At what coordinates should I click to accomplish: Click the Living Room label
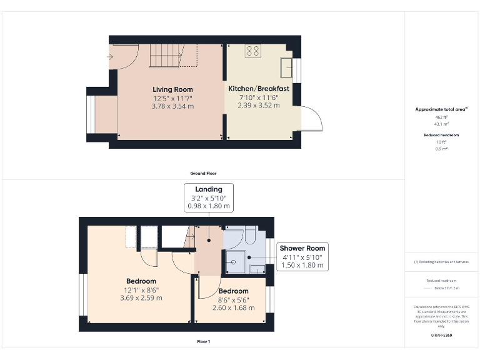pyautogui.click(x=173, y=89)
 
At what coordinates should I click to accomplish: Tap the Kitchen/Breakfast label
pyautogui.click(x=258, y=88)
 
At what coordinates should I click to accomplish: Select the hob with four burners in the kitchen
pyautogui.click(x=253, y=52)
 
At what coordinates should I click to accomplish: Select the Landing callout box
pyautogui.click(x=208, y=197)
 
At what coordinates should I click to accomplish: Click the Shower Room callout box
pyautogui.click(x=302, y=256)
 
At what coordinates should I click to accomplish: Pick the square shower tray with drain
pyautogui.click(x=237, y=258)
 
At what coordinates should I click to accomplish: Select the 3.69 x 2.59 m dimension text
pyautogui.click(x=141, y=298)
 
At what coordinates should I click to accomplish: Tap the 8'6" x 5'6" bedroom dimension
pyautogui.click(x=233, y=299)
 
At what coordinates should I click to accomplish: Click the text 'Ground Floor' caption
pyautogui.click(x=203, y=173)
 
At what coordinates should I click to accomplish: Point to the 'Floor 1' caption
pyautogui.click(x=203, y=342)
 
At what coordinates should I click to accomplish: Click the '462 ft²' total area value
pyautogui.click(x=442, y=117)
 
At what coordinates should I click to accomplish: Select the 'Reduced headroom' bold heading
pyautogui.click(x=442, y=135)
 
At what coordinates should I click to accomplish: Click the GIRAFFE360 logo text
pyautogui.click(x=442, y=336)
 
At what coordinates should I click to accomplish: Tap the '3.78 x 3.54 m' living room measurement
pyautogui.click(x=173, y=106)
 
